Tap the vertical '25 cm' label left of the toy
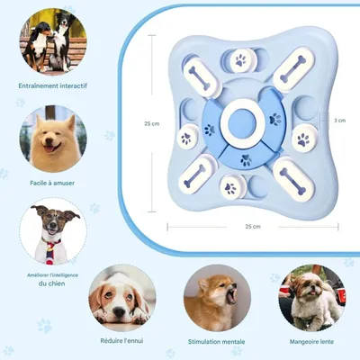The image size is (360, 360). click(x=153, y=124)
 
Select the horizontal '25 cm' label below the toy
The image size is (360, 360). click(x=252, y=226)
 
